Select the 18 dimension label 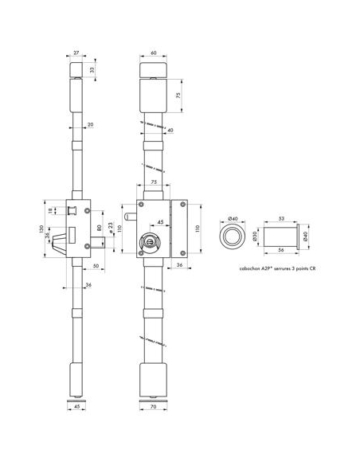53,211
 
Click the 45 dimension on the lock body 162,221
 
